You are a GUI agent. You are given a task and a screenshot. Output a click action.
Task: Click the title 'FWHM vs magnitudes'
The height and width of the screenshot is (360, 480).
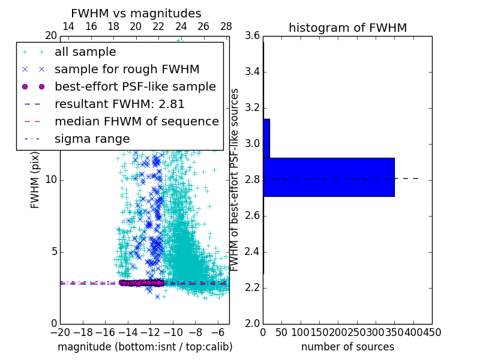[x=136, y=13]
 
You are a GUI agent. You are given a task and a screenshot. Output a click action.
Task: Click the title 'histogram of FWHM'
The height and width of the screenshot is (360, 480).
[x=347, y=28]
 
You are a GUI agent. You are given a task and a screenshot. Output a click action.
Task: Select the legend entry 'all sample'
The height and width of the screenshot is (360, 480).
[x=85, y=52]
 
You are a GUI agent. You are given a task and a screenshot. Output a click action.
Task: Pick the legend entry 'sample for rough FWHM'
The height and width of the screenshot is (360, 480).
[x=127, y=70]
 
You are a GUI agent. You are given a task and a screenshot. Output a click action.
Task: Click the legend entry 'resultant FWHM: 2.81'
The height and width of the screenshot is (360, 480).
[x=119, y=104]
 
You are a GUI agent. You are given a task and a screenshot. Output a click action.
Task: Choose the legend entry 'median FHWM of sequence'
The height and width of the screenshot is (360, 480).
[x=136, y=121]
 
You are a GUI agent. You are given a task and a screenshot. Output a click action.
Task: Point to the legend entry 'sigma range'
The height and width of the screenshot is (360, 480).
[x=92, y=139]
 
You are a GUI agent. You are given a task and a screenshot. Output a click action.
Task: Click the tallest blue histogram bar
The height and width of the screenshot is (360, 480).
[x=328, y=177]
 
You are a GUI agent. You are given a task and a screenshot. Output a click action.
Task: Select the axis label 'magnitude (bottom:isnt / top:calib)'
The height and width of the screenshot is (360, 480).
[x=145, y=347]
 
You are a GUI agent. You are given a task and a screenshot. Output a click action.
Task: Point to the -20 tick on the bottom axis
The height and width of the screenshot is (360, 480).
[x=60, y=332]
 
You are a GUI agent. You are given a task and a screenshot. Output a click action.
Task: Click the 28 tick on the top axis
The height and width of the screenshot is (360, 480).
[x=226, y=26]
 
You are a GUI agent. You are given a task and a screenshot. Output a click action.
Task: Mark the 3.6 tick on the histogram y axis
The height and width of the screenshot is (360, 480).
[x=252, y=36]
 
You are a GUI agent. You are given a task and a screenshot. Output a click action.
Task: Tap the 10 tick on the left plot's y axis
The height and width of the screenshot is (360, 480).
[x=52, y=179]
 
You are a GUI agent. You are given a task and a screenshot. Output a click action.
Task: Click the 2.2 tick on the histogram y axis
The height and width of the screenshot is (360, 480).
[x=252, y=287]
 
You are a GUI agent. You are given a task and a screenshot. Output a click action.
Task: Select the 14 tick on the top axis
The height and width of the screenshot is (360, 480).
[x=68, y=26]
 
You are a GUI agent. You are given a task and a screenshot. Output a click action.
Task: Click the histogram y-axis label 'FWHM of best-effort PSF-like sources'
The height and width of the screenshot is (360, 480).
[x=235, y=179]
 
